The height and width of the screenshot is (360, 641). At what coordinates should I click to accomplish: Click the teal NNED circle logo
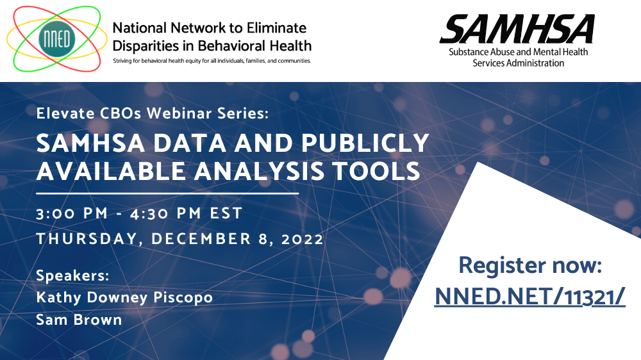[57, 39]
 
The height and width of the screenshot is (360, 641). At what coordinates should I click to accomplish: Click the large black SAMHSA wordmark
[517, 29]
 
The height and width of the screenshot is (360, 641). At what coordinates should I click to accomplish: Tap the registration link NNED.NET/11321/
[530, 296]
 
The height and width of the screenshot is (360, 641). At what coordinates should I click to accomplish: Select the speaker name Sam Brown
[79, 320]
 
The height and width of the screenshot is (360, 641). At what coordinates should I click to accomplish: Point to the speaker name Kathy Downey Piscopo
[124, 297]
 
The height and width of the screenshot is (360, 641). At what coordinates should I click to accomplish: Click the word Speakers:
[73, 276]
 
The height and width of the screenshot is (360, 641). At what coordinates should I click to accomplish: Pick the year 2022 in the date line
[303, 239]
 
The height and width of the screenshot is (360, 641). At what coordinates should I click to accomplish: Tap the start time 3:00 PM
[72, 213]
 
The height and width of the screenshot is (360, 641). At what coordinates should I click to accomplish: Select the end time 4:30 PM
[165, 213]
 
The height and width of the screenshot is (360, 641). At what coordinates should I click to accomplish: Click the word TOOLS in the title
[376, 171]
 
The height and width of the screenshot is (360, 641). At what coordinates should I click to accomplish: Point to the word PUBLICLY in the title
[365, 143]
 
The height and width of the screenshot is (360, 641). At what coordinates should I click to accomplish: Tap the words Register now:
[530, 265]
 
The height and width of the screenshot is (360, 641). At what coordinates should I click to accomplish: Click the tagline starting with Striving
[212, 61]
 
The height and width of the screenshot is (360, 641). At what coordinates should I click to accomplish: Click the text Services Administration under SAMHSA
[519, 63]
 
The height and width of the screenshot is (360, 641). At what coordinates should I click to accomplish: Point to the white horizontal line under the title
[167, 193]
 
